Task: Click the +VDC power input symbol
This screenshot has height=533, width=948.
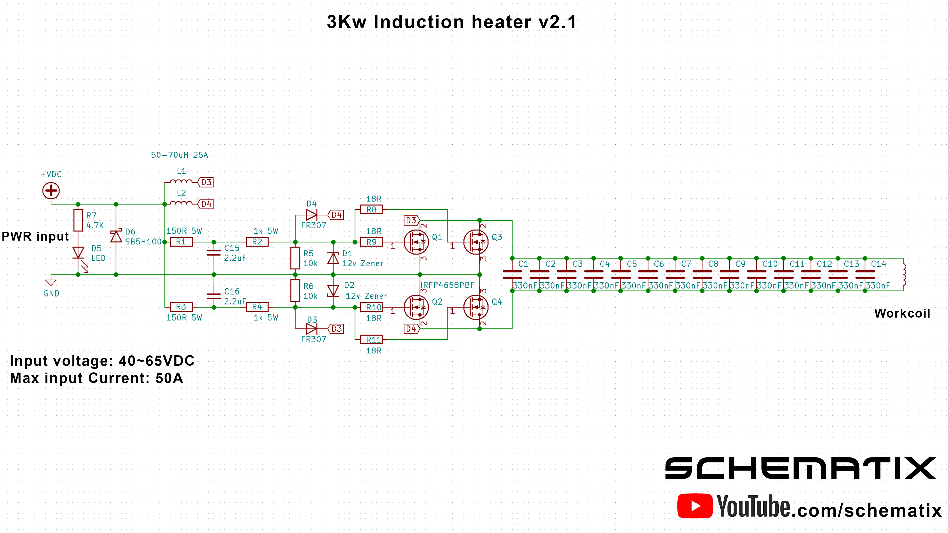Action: [51, 190]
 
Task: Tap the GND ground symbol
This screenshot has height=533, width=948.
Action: [51, 282]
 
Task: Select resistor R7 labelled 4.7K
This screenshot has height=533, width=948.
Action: [78, 220]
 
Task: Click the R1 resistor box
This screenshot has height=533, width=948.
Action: [181, 242]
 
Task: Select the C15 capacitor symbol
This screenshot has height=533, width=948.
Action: [214, 253]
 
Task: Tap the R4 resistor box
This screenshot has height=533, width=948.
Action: [257, 307]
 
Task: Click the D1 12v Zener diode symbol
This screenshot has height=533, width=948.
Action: [333, 258]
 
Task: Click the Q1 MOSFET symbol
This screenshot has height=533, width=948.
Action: [416, 242]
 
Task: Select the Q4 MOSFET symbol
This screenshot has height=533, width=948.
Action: [476, 307]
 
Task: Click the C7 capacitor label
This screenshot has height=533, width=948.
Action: [686, 264]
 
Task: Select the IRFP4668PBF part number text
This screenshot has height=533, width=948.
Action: [448, 285]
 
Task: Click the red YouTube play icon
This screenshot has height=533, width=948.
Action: [695, 506]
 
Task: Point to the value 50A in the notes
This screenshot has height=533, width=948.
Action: [169, 378]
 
